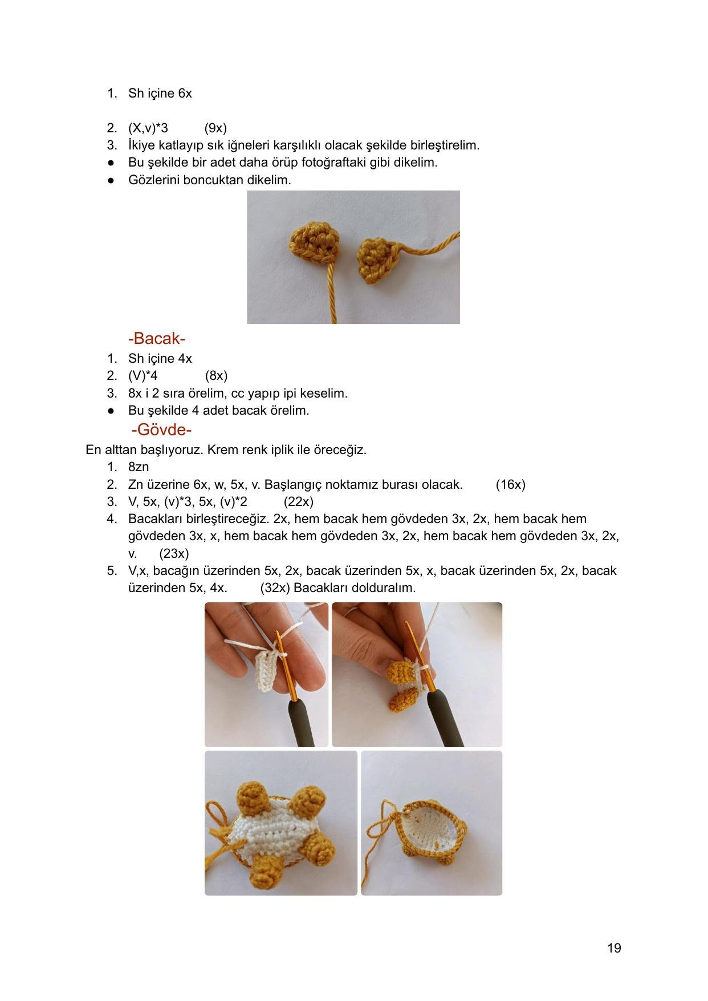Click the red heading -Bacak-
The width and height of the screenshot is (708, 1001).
[x=157, y=339]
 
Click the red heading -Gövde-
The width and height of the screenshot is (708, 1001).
[x=161, y=429]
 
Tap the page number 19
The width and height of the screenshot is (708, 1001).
[x=614, y=948]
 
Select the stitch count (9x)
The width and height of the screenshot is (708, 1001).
[x=215, y=128]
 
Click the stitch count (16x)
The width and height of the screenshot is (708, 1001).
[x=510, y=484]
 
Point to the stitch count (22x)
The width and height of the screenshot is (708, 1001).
[x=298, y=501]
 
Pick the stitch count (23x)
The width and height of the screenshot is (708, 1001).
[x=174, y=553]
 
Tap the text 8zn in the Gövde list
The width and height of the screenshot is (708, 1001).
[x=139, y=467]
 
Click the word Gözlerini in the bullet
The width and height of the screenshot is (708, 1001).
[x=153, y=180]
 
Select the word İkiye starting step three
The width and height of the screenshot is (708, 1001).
[x=141, y=145]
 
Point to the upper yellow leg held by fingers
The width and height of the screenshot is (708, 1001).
[x=401, y=671]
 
